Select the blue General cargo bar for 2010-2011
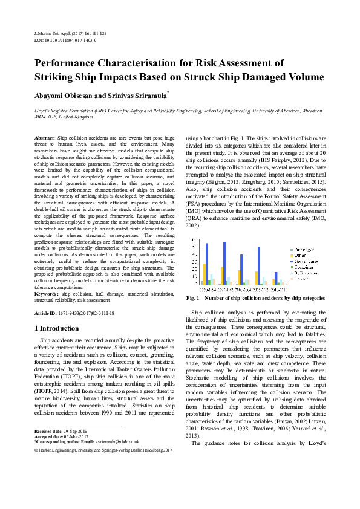(276, 277)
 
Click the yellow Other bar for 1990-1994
(205, 273)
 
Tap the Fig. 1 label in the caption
(194, 298)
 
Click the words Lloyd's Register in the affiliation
(51, 111)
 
